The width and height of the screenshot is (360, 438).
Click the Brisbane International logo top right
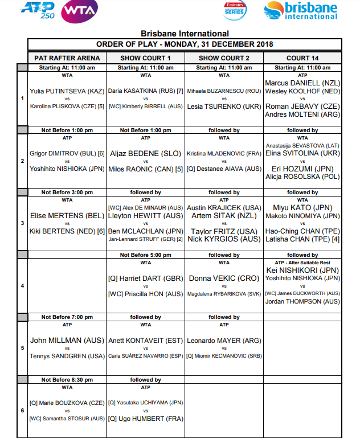point(301,10)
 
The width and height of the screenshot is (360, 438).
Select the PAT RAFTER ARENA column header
point(67,58)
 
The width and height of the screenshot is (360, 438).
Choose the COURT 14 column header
point(302,58)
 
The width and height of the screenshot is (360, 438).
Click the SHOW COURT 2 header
point(224,58)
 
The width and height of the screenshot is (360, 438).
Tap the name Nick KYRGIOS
point(224,239)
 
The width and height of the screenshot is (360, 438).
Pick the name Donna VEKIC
point(224,278)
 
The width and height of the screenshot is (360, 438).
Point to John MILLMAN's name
point(67,341)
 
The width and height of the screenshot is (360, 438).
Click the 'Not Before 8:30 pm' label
point(67,379)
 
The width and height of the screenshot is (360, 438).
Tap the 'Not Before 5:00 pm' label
point(145,255)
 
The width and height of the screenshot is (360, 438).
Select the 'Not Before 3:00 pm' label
point(67,193)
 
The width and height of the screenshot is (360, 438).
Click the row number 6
point(22,411)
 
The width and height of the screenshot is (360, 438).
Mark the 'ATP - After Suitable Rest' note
point(302,262)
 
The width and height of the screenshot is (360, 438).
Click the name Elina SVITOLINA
point(302,153)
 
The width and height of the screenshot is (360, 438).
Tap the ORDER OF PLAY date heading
point(185,44)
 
